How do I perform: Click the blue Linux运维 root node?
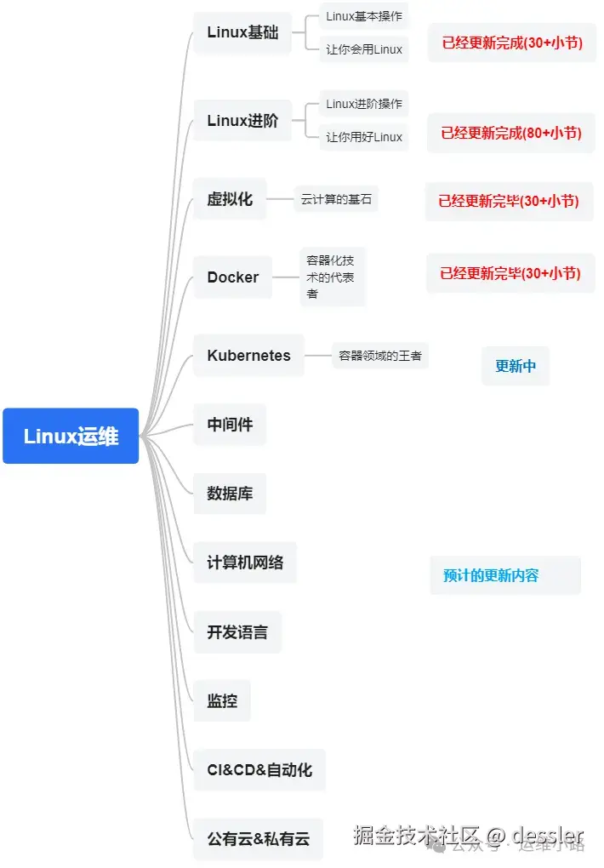(71, 437)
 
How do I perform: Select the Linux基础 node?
(242, 33)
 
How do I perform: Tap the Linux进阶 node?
(242, 121)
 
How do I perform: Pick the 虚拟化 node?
(230, 199)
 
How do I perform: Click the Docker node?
(232, 277)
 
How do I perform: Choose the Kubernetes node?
(248, 356)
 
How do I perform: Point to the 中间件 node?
(230, 424)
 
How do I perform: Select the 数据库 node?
(230, 494)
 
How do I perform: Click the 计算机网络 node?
(245, 562)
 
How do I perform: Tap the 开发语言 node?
(237, 632)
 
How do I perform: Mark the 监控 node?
(222, 701)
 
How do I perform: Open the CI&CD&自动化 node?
(259, 770)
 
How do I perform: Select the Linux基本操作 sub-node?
(364, 16)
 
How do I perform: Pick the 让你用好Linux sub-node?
(364, 137)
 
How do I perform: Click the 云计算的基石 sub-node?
(336, 200)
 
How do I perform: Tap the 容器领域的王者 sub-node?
(380, 356)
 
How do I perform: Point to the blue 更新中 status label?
(516, 367)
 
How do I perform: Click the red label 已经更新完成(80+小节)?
(511, 133)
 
